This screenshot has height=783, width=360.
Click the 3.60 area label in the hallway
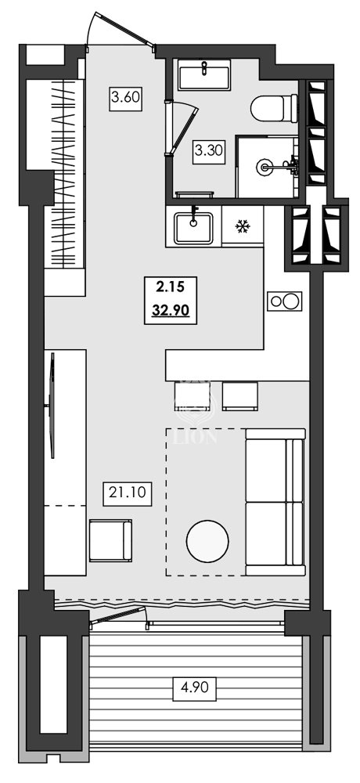pyautogui.click(x=125, y=99)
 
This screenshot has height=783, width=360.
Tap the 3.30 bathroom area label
pyautogui.click(x=209, y=150)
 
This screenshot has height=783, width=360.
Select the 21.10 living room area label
pyautogui.click(x=121, y=494)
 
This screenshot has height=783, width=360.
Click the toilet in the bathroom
pyautogui.click(x=275, y=106)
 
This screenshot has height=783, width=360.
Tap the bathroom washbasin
pyautogui.click(x=203, y=78)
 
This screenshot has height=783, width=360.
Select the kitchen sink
pyautogui.click(x=193, y=226)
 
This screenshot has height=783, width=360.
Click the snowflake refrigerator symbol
pyautogui.click(x=243, y=227)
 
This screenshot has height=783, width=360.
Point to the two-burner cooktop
pyautogui.click(x=284, y=301)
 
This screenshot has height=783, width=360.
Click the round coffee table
pyautogui.click(x=208, y=541)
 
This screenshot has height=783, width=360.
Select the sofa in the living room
pyautogui.click(x=275, y=501)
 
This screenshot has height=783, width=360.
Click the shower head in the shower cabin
pyautogui.click(x=267, y=166)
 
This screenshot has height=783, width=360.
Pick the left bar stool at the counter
pyautogui.click(x=193, y=395)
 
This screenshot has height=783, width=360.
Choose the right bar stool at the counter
pyautogui.click(x=240, y=395)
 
